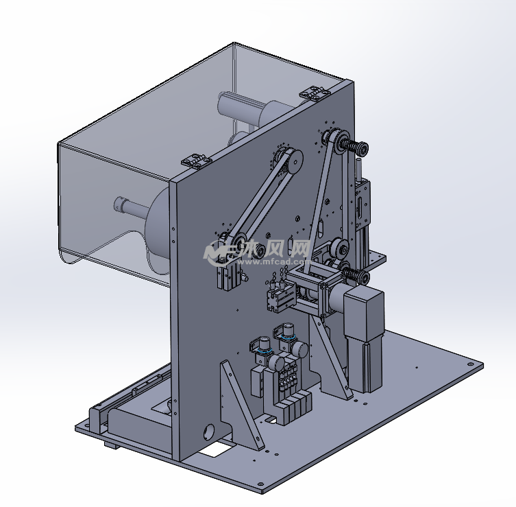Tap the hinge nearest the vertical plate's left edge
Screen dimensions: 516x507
[197, 161]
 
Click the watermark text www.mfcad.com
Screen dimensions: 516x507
[273, 262]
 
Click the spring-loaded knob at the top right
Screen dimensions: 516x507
[356, 147]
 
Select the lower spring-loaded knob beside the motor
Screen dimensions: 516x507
[356, 276]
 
